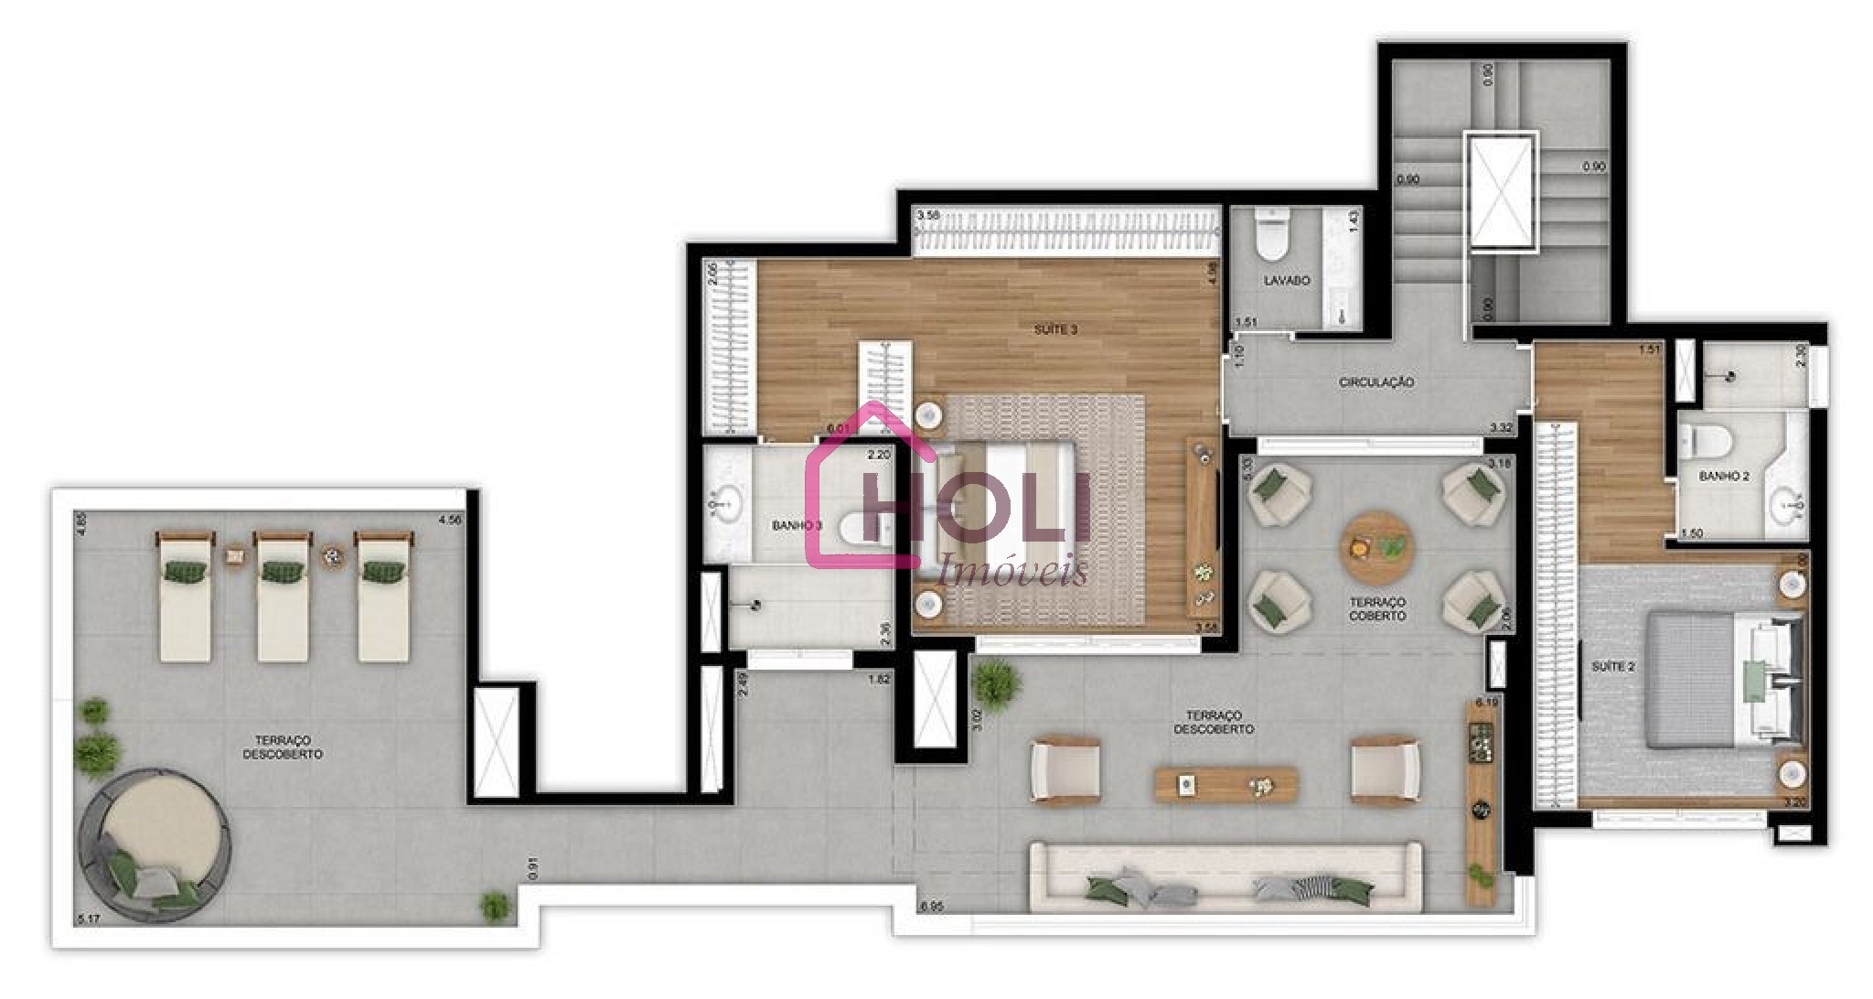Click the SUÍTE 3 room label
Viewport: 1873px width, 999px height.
point(1055,329)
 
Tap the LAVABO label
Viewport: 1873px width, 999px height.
point(1287,281)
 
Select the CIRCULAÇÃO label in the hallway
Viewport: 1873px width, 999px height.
point(1376,382)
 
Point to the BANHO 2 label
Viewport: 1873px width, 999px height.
point(1724,477)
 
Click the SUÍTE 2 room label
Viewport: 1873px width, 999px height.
point(1612,667)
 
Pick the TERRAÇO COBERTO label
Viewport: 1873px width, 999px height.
point(1377,609)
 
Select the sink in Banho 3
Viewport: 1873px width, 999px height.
point(727,502)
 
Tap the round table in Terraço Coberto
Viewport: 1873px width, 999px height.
point(1376,547)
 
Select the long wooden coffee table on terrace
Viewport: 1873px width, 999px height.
point(1225,785)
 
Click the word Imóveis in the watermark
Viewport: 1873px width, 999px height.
point(1013,571)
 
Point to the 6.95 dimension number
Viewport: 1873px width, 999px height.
point(931,907)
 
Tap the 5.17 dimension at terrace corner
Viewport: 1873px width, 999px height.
point(88,917)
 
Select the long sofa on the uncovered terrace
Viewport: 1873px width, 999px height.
point(1225,878)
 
